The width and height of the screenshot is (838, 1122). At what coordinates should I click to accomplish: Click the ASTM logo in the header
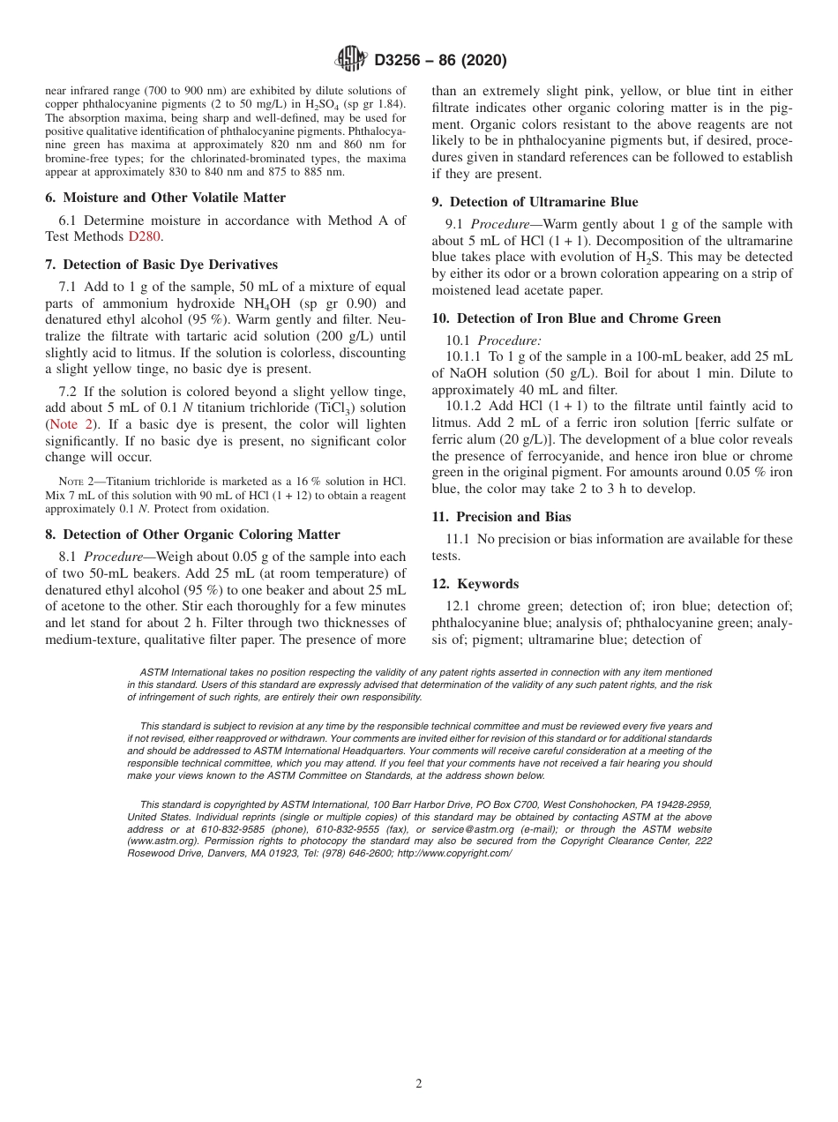pyautogui.click(x=351, y=60)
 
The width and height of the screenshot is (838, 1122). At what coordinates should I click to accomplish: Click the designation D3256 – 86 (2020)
pyautogui.click(x=440, y=61)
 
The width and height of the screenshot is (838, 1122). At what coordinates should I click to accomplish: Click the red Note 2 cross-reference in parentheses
pyautogui.click(x=70, y=424)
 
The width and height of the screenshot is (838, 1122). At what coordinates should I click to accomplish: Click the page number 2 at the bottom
pyautogui.click(x=419, y=1084)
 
